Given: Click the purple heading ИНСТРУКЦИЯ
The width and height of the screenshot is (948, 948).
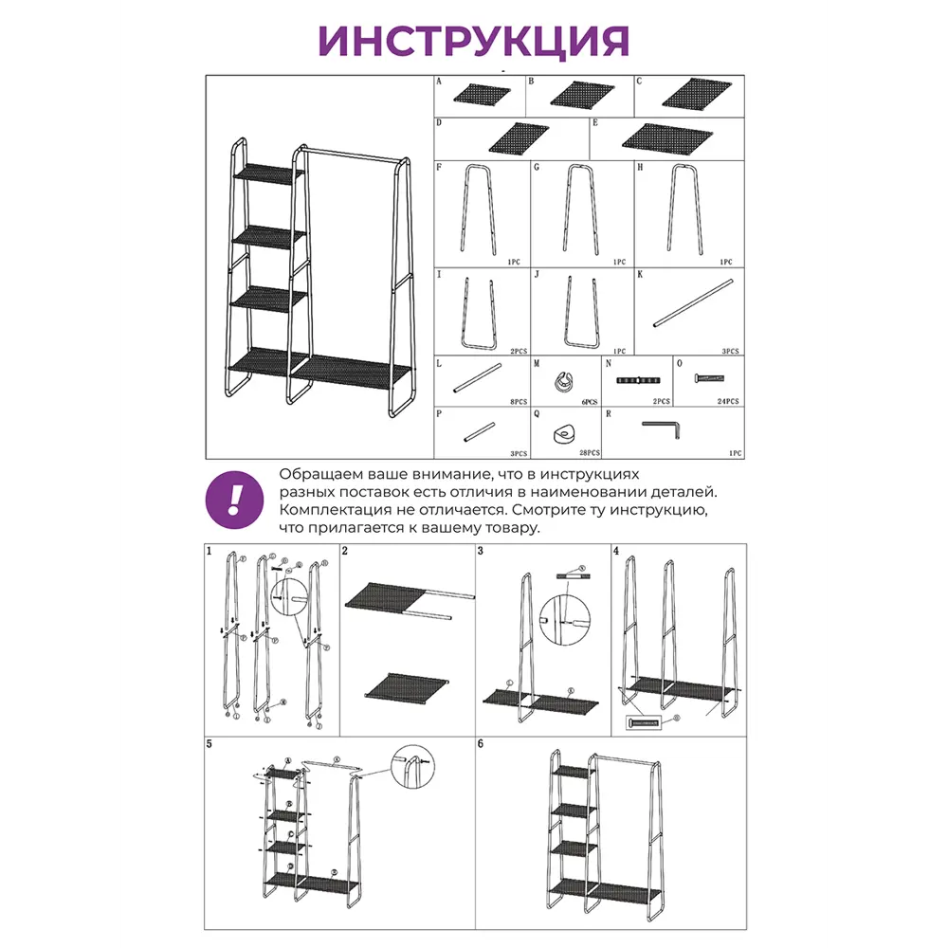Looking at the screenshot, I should point(474,40).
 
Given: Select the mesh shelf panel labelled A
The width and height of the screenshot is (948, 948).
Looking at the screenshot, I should point(482,95).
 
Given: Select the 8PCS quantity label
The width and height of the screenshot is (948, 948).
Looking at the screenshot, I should point(518,402).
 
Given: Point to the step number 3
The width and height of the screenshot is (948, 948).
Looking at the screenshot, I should point(481,551).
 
